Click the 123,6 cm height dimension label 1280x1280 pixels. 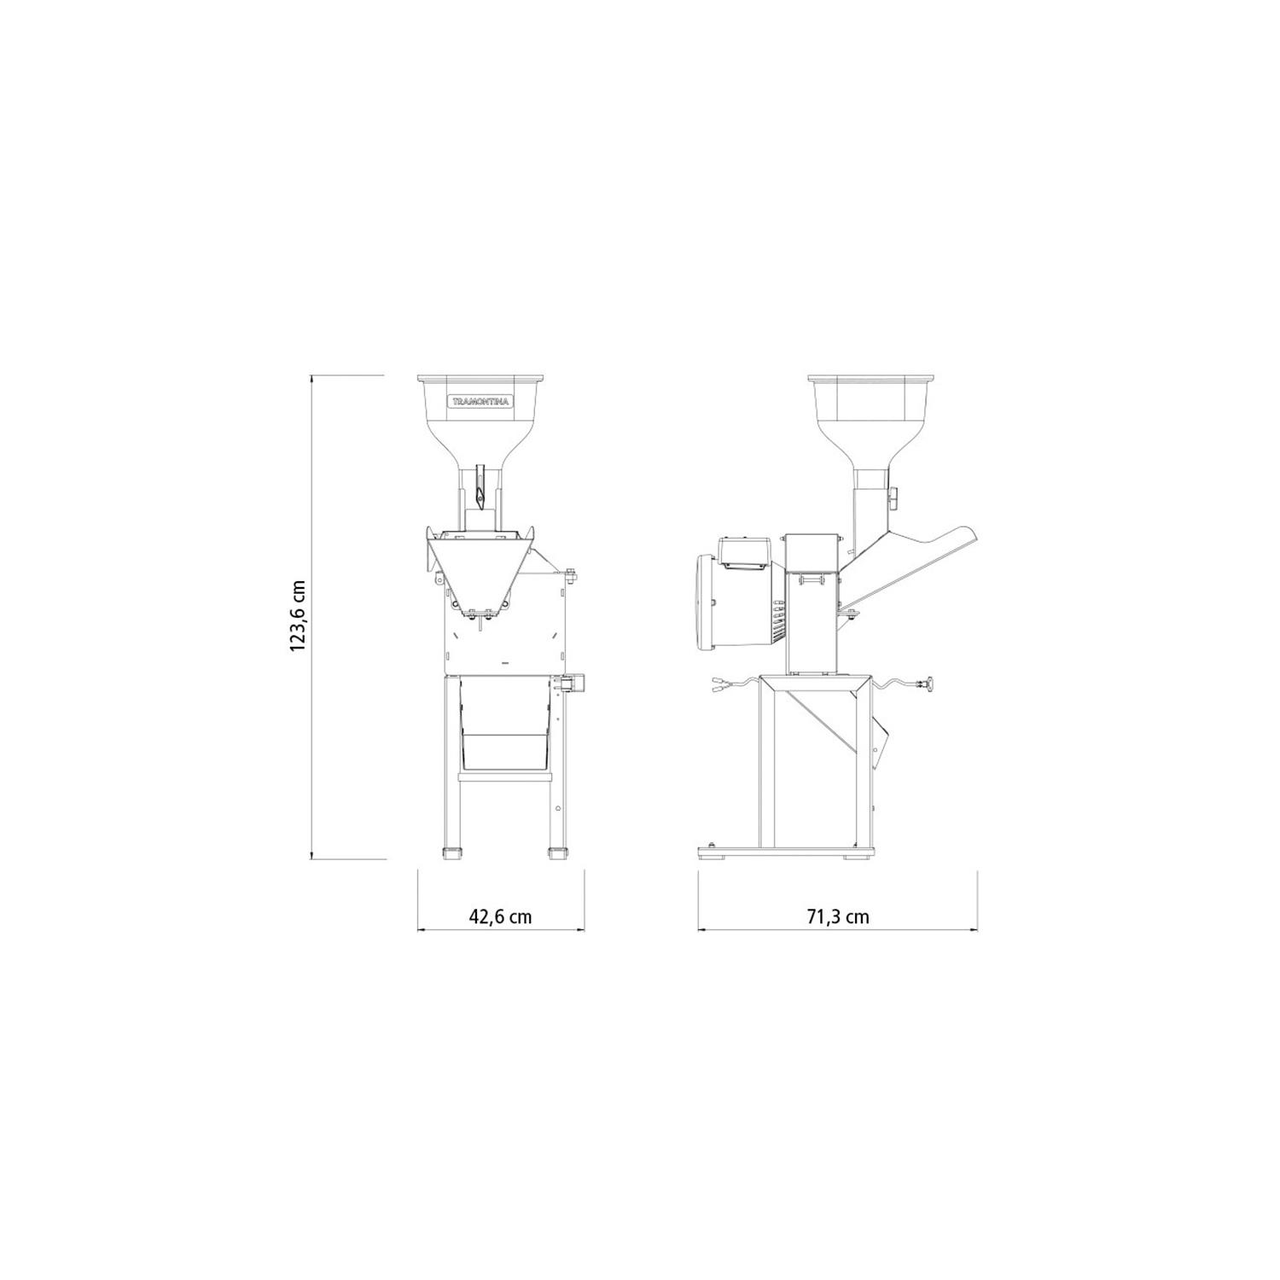[297, 616]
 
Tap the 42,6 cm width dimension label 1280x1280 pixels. [500, 916]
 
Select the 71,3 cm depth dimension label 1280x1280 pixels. [838, 916]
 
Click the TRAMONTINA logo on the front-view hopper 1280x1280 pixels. [481, 401]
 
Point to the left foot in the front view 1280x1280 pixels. [452, 852]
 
